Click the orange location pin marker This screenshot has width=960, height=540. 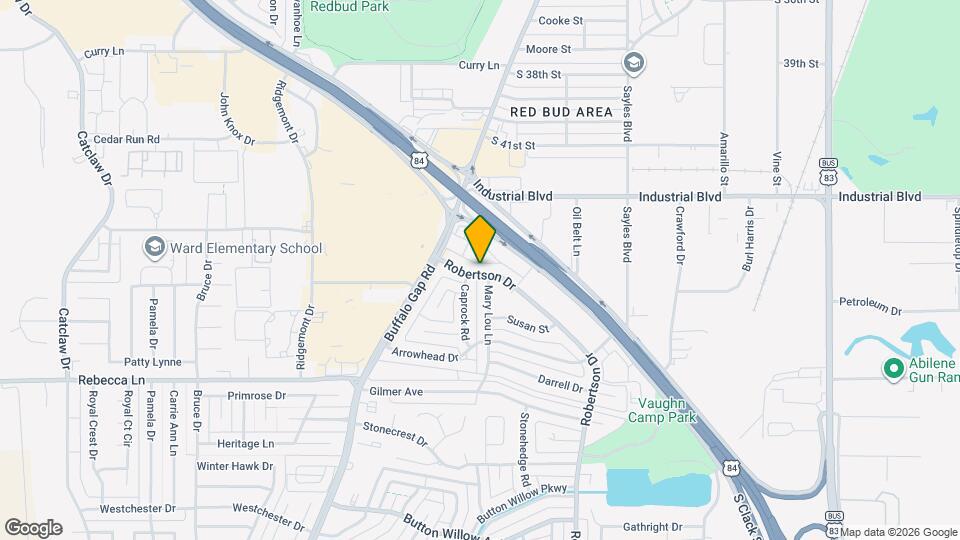pos(481,238)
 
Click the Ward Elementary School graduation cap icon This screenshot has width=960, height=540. pos(154,246)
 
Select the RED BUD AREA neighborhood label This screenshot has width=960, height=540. pos(561,112)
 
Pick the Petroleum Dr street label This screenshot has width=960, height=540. pos(871,301)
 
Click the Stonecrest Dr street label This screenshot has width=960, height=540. pos(394,434)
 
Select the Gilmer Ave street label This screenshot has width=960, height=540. pos(396,391)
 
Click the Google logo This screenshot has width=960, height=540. pos(33,527)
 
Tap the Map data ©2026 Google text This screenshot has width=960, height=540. pos(899,532)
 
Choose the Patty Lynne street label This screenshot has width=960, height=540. pos(153,362)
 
